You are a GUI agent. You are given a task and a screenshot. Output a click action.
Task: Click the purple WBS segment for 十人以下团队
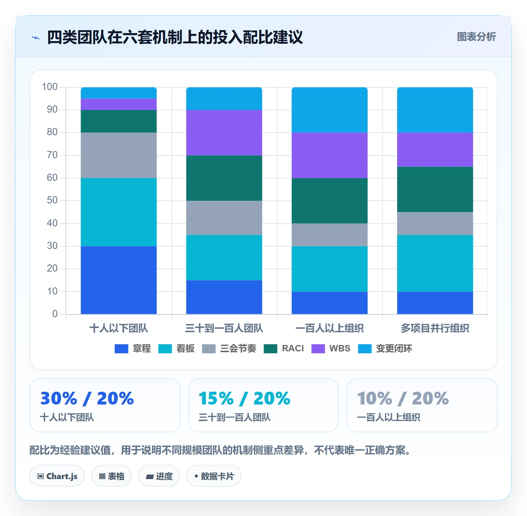(x=119, y=104)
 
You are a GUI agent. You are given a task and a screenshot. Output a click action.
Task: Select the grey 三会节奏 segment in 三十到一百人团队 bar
(x=224, y=218)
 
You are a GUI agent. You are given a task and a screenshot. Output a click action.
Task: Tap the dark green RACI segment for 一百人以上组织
(x=329, y=200)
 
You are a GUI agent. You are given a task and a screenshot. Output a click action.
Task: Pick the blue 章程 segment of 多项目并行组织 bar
(x=435, y=303)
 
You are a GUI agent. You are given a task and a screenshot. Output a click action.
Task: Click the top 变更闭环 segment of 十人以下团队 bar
(x=119, y=93)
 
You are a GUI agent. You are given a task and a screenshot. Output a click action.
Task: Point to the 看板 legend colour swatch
(x=165, y=348)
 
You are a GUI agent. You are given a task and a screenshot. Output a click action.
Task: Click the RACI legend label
(x=293, y=348)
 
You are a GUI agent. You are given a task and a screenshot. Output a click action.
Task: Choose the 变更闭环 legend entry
(x=385, y=348)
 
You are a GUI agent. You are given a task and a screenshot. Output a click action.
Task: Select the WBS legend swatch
(x=318, y=348)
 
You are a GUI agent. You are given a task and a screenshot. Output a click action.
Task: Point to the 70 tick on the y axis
(x=52, y=155)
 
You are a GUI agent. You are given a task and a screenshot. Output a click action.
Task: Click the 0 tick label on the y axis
(x=55, y=314)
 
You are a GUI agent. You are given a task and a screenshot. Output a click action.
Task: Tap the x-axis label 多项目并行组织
(x=435, y=328)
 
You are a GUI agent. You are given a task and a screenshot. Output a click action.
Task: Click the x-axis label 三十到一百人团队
(x=224, y=328)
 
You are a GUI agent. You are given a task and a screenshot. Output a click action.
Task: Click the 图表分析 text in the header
(x=476, y=37)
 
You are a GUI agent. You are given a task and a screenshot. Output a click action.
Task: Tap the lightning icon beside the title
(x=36, y=38)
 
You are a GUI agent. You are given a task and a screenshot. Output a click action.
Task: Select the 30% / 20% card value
(x=87, y=398)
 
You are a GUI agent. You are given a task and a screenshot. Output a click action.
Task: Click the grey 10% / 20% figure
(x=403, y=398)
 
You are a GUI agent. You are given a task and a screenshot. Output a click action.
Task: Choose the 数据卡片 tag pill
(x=214, y=476)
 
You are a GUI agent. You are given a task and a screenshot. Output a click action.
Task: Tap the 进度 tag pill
(x=159, y=476)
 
